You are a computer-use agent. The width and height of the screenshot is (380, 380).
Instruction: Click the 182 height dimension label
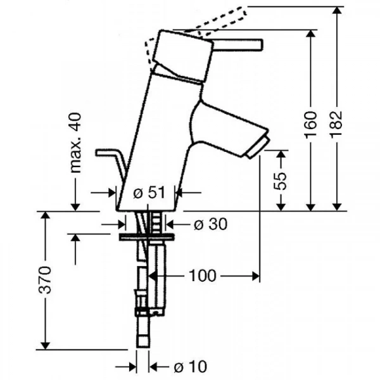336,125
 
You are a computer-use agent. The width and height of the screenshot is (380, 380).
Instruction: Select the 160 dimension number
310,125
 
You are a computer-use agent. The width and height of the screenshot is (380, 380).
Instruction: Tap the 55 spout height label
280,180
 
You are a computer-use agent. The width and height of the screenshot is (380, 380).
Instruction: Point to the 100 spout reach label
202,275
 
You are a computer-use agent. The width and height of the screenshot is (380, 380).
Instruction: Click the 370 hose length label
46,280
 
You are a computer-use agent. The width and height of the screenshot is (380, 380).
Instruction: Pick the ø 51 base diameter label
149,193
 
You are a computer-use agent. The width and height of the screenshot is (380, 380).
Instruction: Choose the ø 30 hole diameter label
211,224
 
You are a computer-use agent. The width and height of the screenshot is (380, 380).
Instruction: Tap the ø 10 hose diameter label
191,367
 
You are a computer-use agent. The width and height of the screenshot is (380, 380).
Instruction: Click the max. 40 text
75,142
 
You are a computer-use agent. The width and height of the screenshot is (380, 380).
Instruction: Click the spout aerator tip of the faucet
257,148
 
